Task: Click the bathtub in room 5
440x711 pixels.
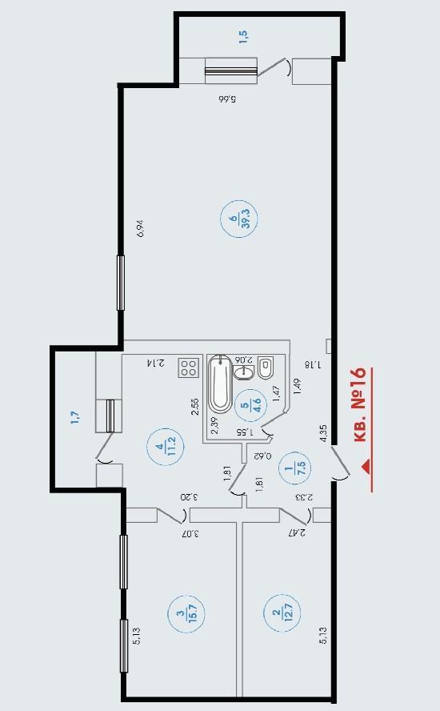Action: tap(221, 384)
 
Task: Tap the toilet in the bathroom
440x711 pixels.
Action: tap(266, 368)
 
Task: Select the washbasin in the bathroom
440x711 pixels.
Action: tap(244, 372)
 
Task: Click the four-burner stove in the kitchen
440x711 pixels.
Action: tap(189, 368)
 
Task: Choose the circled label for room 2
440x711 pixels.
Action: tap(282, 613)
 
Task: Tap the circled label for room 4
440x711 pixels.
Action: tap(165, 447)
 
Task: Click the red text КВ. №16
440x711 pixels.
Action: tap(359, 404)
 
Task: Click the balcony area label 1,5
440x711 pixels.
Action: tap(243, 36)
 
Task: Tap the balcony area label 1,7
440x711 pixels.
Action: tap(74, 417)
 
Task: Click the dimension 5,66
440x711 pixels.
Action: tap(227, 98)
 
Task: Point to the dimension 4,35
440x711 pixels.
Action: tap(323, 433)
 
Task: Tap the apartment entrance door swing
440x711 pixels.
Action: tap(341, 464)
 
